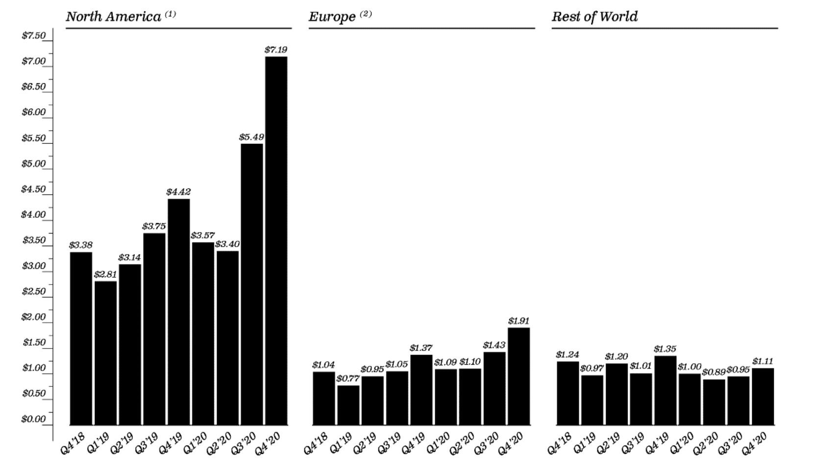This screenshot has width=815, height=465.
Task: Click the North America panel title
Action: click(x=113, y=17)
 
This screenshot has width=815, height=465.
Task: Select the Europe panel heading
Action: click(x=332, y=17)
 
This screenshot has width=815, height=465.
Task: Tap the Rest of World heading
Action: click(x=594, y=17)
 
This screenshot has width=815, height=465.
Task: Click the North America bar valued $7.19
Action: click(x=276, y=240)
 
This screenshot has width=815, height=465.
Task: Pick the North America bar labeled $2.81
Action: click(x=105, y=352)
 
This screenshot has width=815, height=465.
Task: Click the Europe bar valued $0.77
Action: click(x=348, y=405)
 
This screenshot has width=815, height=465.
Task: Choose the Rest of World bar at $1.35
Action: click(x=665, y=390)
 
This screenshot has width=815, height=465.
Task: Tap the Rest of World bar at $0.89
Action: click(x=714, y=402)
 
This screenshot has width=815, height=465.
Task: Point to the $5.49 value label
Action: click(x=251, y=137)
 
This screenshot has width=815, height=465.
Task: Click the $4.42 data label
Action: click(x=178, y=192)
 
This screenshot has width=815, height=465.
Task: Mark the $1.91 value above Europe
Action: click(x=519, y=321)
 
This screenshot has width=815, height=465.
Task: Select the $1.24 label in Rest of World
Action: click(x=568, y=354)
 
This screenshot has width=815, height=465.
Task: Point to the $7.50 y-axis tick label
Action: click(x=33, y=36)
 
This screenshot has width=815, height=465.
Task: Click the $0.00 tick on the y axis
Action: click(x=33, y=419)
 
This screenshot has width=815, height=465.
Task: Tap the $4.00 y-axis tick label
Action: click(x=33, y=214)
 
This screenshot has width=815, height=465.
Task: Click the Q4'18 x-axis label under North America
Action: click(x=73, y=443)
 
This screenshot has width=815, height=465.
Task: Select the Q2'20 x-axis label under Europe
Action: click(x=462, y=443)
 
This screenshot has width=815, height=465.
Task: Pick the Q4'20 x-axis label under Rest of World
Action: click(x=755, y=443)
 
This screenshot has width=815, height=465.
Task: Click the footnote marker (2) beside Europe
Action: click(x=366, y=14)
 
